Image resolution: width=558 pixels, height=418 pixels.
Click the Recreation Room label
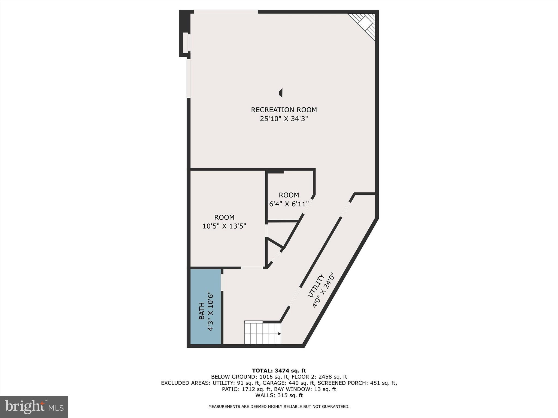(284, 110)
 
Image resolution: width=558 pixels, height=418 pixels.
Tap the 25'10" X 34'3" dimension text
(284, 119)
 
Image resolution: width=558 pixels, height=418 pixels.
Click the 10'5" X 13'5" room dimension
(224, 226)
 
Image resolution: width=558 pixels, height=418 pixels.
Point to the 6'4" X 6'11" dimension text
(289, 204)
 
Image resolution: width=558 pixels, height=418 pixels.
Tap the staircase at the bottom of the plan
(262, 333)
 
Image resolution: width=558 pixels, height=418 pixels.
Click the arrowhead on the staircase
(279, 334)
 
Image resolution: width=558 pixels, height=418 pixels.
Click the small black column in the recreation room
(281, 93)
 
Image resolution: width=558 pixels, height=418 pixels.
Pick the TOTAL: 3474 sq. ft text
(279, 371)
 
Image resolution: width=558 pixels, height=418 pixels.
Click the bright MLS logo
(34, 407)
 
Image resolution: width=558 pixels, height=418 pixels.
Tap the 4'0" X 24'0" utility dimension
(323, 290)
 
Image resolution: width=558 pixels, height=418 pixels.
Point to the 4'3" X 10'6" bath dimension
(210, 311)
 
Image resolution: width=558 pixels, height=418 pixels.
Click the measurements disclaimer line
(279, 407)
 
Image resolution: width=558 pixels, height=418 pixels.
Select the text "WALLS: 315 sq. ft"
(279, 395)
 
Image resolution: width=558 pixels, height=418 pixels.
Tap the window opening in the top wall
(226, 12)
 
